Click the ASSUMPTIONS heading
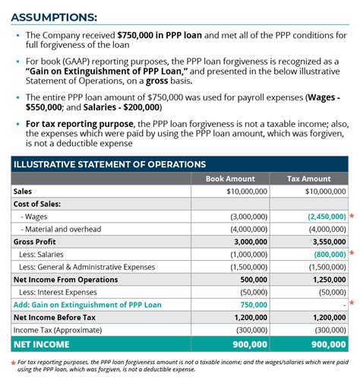pos(54,16)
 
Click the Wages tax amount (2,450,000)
pos(327,216)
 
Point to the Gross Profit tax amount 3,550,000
pos(328,241)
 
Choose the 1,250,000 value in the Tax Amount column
pos(327,279)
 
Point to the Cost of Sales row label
pos(39,204)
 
